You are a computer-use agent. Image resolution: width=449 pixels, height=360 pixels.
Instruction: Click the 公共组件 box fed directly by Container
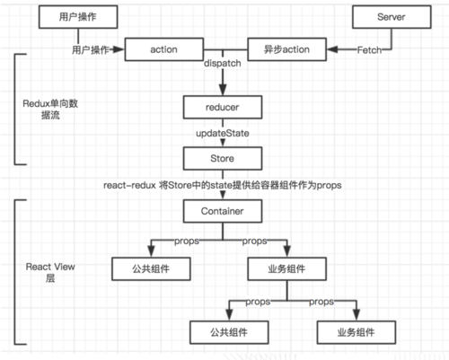click(145, 268)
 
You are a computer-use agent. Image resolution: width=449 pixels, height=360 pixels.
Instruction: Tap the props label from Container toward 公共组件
click(182, 241)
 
